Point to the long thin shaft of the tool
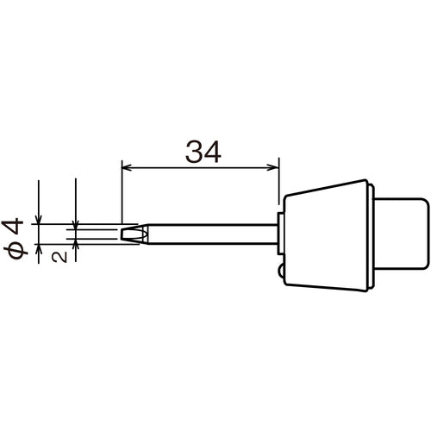coord(215,234)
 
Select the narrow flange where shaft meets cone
coord(281,234)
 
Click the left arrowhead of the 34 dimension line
coord(126,167)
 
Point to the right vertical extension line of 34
coord(281,185)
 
